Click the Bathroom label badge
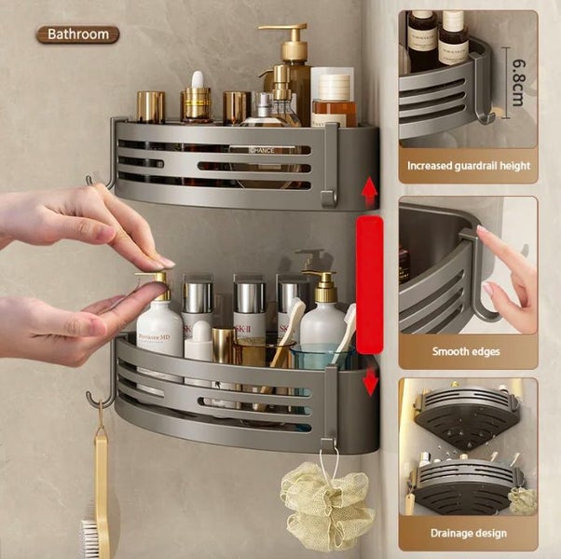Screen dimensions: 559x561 [78, 34]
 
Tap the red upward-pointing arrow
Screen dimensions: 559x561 [370, 192]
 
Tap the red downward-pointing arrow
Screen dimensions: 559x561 [370, 380]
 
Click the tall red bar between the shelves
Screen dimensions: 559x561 [370, 284]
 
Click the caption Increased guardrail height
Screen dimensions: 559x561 [468, 166]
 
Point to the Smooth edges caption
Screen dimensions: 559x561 [468, 351]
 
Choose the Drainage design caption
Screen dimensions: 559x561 [468, 533]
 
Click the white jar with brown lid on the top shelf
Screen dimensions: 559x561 [333, 98]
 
